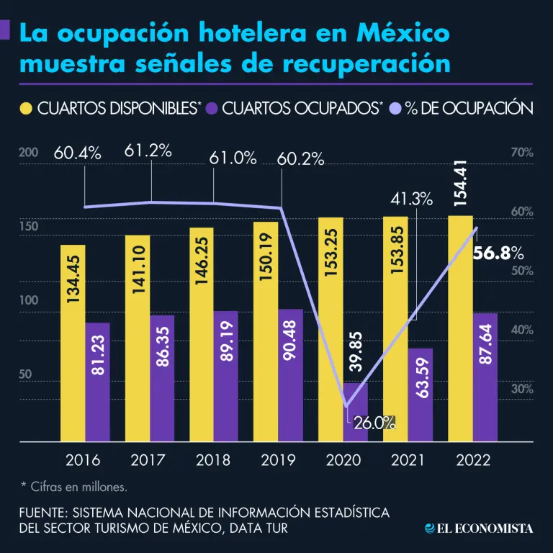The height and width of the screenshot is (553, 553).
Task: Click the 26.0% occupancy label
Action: (x=374, y=424)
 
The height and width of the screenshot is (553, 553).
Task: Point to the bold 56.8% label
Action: (x=498, y=253)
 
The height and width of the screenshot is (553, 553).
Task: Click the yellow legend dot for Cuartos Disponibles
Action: (x=25, y=109)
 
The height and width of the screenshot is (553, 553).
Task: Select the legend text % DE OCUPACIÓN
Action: (x=469, y=109)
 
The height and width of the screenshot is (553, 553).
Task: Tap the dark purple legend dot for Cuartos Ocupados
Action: (x=212, y=109)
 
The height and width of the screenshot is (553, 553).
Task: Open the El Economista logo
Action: (x=480, y=529)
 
